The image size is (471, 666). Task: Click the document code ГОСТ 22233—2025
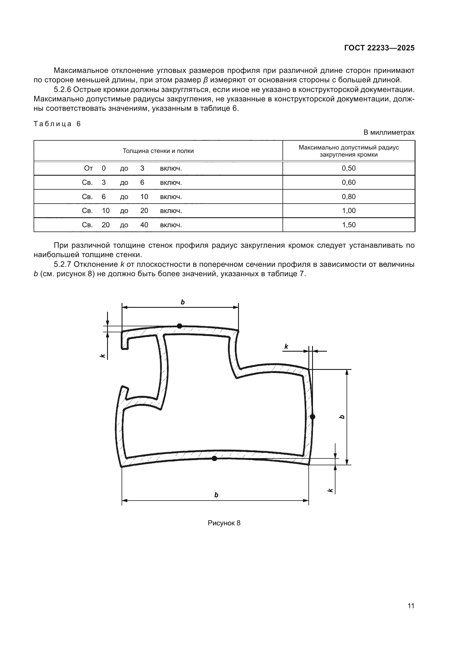[x=379, y=48]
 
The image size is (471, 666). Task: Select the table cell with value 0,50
[x=349, y=168]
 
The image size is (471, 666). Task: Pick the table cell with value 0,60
[x=349, y=183]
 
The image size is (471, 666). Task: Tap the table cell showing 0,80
[x=349, y=197]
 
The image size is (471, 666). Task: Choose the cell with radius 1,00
[x=349, y=211]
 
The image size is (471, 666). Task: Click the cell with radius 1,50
[x=349, y=225]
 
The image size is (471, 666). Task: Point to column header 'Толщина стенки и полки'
[x=158, y=151]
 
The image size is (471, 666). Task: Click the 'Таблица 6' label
[x=57, y=124]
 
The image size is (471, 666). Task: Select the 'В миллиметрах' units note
[x=389, y=133]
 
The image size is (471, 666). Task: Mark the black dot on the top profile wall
[x=179, y=326]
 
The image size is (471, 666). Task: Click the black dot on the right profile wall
[x=312, y=417]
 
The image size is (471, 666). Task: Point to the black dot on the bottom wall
[x=214, y=458]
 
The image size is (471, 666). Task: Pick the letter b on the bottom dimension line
[x=216, y=495]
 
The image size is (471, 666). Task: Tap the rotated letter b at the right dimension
[x=342, y=417]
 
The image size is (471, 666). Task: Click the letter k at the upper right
[x=286, y=346]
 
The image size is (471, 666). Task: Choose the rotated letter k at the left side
[x=102, y=355]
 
